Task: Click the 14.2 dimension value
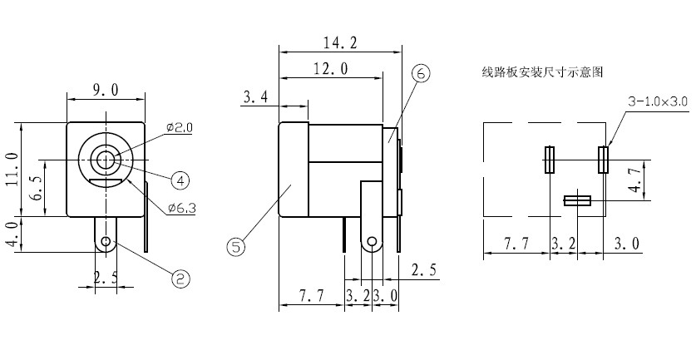pos(340,42)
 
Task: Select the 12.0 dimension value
pos(331,69)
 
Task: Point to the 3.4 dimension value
pos(255,96)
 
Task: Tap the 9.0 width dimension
pos(106,90)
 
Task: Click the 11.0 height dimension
pos(12,169)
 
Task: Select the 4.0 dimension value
pos(14,234)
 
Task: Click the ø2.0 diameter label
pos(180,128)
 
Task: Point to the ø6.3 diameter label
pos(182,207)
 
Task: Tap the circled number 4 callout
pos(180,180)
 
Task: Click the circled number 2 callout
pos(180,279)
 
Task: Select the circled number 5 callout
pos(236,246)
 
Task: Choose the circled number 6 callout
pos(421,74)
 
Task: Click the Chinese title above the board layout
pos(542,72)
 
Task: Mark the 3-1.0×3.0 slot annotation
pos(658,101)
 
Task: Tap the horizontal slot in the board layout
pos(577,200)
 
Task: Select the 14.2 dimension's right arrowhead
pos(398,52)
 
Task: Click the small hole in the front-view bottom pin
pos(106,241)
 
